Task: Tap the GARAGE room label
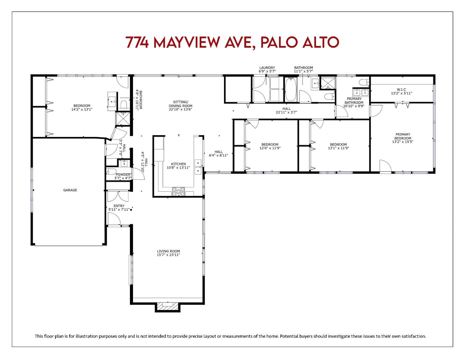[x=70, y=190]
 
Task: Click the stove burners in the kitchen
[x=178, y=191]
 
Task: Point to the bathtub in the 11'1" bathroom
[x=290, y=89]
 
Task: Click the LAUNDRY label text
[x=267, y=68]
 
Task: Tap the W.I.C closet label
[x=401, y=89]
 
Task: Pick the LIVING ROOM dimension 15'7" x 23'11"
[x=168, y=255]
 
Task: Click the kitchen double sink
[x=198, y=167]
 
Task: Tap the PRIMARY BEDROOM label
[x=403, y=136]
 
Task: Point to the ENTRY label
[x=119, y=206]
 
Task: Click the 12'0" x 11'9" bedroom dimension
[x=270, y=148]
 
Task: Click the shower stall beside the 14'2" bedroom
[x=123, y=118]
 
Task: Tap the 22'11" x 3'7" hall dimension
[x=286, y=113]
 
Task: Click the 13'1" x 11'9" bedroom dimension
[x=338, y=148]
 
